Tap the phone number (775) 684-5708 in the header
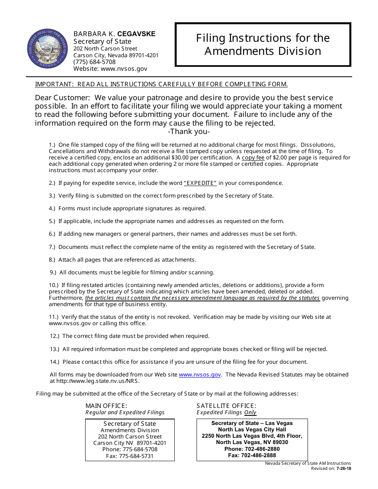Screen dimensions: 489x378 coord(94,62)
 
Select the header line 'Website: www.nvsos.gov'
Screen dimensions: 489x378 coord(110,69)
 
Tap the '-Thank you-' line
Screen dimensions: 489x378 coord(189,132)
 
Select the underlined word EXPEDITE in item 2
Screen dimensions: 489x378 coord(200,183)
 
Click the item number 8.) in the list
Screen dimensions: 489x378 coord(53,260)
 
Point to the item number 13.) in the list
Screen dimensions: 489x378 coord(55,349)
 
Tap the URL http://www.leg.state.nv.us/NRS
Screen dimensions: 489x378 coord(97,381)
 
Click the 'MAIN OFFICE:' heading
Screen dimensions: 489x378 coord(106,406)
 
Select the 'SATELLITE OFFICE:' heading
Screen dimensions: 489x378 coord(226,406)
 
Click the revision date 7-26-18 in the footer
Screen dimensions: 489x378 coord(344,468)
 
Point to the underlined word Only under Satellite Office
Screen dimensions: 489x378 coord(250,413)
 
